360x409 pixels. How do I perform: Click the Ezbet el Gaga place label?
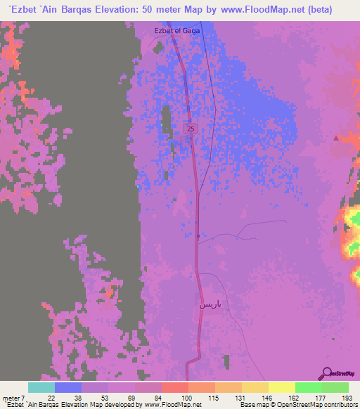[x=172, y=30]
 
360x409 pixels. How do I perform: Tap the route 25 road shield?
[x=191, y=129]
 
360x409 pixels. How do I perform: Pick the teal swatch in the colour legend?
[x=41, y=387]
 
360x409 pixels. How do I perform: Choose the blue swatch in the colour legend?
[x=67, y=387]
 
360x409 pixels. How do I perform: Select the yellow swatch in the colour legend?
[x=281, y=387]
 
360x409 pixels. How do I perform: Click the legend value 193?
[x=347, y=398]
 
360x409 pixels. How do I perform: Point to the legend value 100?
[x=186, y=398]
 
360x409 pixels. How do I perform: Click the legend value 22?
[x=51, y=398]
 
